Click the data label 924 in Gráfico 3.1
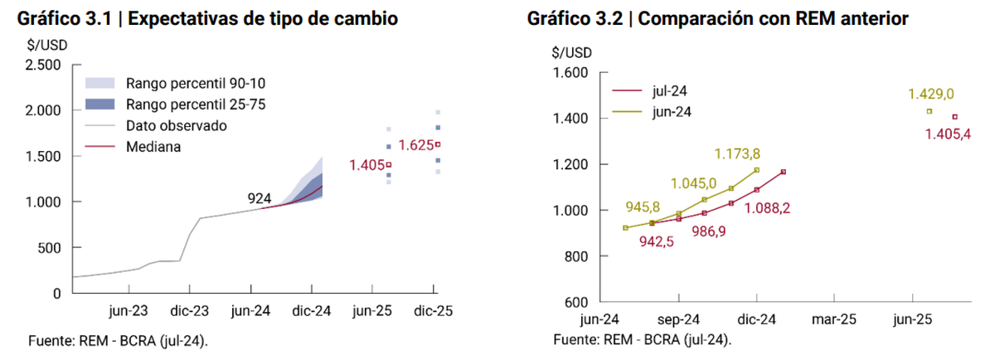coord(260,199)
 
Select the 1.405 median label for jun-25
coord(365,165)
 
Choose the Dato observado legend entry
coord(176,126)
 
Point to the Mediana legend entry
coord(153,147)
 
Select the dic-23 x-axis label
coord(189,312)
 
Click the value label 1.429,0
coord(931,95)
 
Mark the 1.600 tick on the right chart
coord(570,73)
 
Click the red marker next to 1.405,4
coord(954,117)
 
